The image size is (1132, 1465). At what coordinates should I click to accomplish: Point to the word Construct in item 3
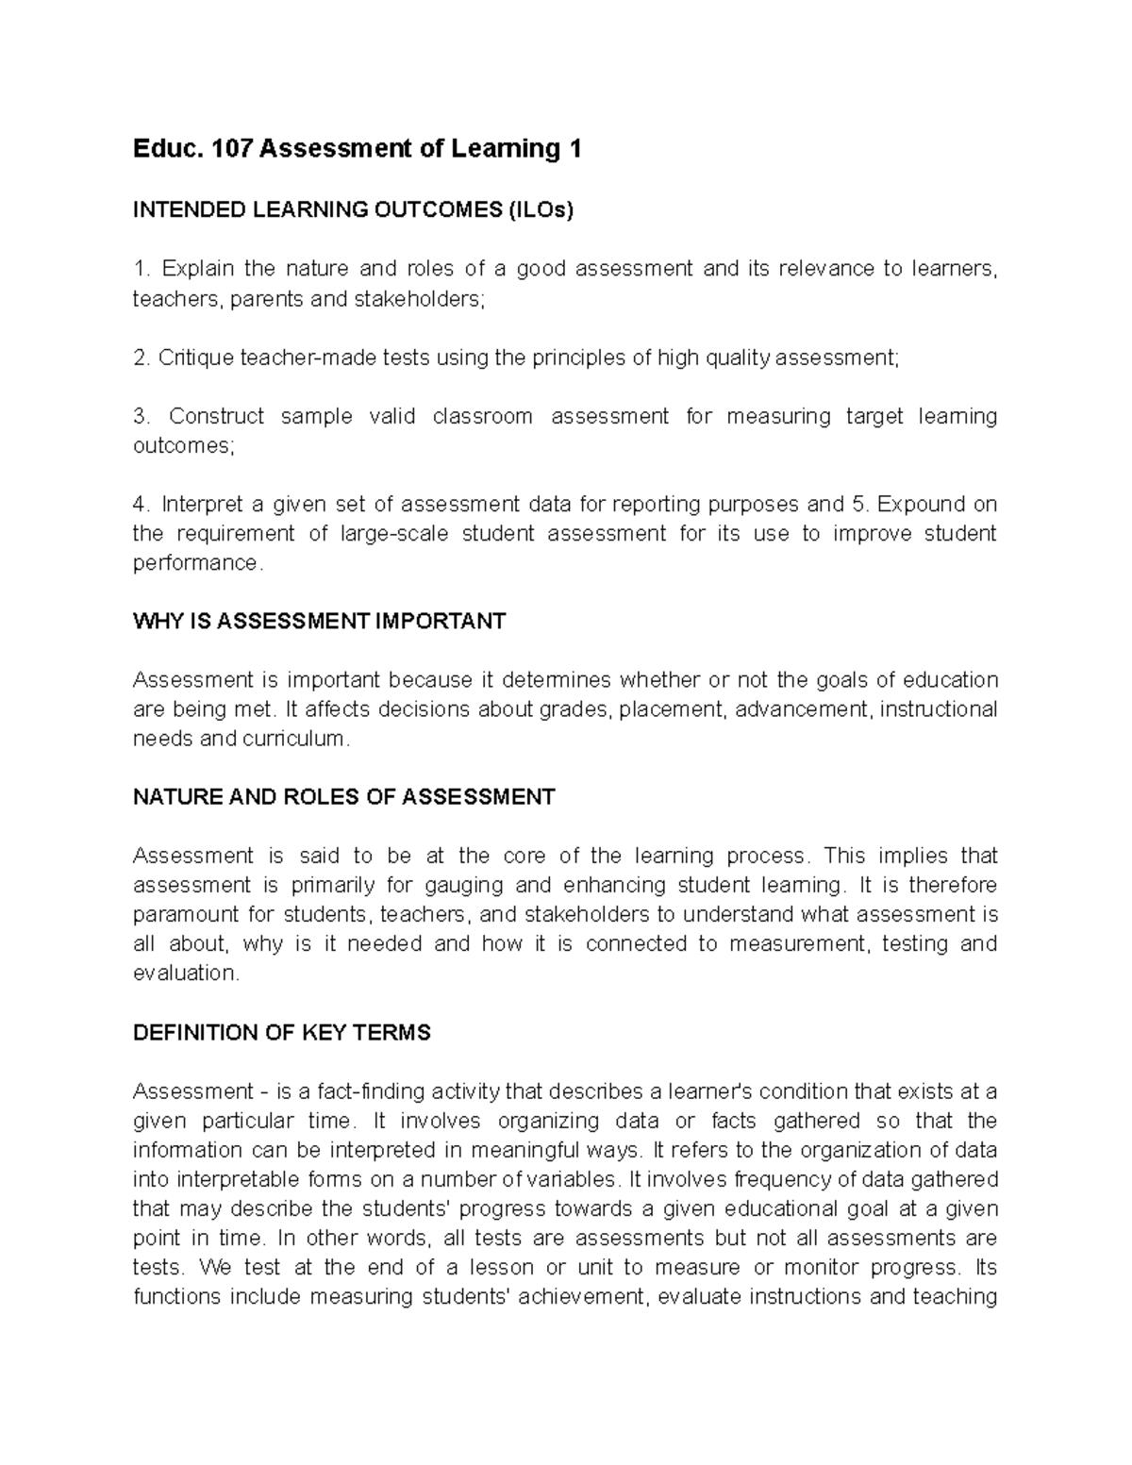217,416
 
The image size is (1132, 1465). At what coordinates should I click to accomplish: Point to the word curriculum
293,739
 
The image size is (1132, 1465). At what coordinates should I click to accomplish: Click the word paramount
186,914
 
